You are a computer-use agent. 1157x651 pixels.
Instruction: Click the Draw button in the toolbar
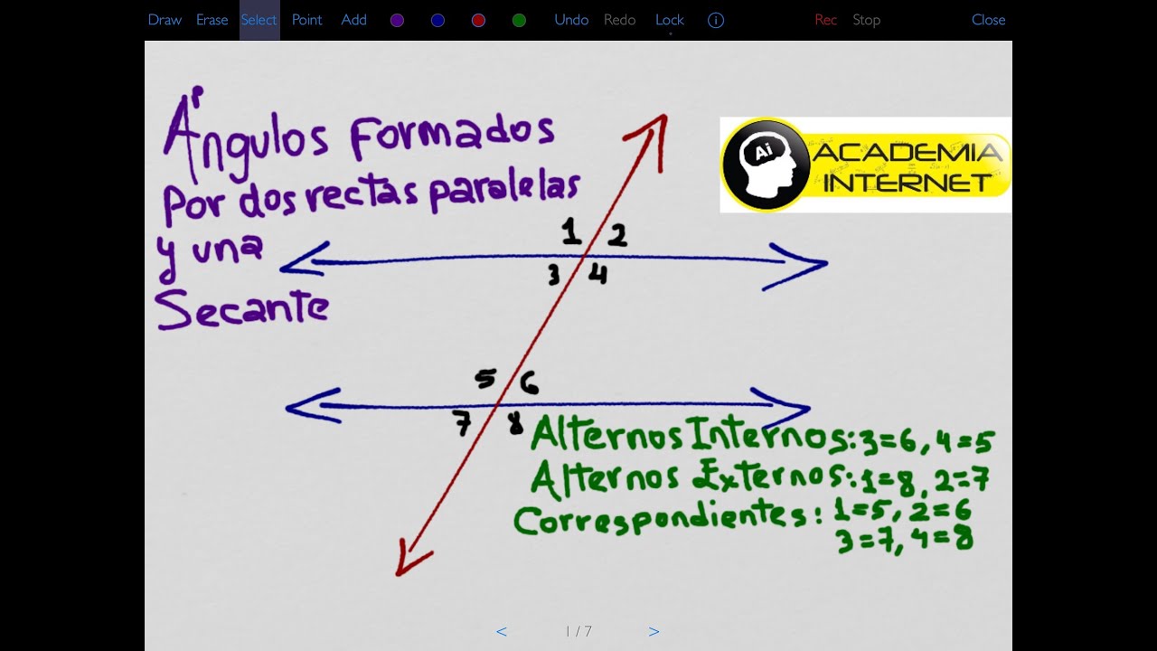coord(165,20)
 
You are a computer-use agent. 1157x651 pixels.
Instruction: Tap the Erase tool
coord(212,20)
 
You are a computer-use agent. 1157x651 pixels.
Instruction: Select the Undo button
coord(571,20)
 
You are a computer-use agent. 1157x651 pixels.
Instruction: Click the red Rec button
coord(825,20)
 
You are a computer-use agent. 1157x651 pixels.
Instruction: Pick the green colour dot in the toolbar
coord(519,20)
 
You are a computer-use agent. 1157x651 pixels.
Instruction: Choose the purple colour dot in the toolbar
coord(397,20)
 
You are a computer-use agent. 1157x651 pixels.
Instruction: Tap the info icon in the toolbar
coord(716,20)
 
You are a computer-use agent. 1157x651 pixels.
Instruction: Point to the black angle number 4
coord(597,274)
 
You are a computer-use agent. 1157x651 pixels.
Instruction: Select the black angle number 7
coord(463,423)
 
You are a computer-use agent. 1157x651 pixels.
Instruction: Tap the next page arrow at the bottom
coord(654,632)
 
